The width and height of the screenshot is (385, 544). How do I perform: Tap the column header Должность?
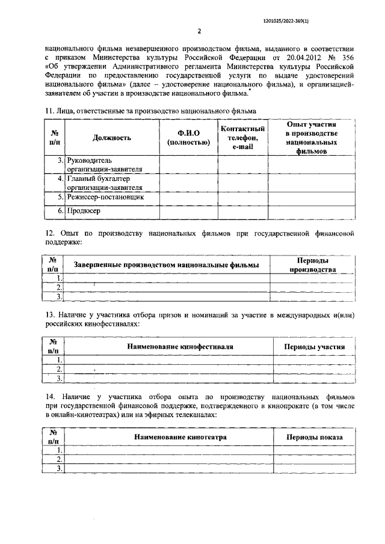112,138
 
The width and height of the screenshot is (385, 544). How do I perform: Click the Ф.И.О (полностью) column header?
188,138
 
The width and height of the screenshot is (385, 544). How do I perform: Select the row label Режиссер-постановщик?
106,197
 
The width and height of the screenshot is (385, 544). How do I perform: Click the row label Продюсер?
84,211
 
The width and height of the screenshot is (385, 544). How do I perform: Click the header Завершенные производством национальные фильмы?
166,265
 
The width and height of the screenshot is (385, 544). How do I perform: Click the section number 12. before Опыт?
51,231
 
